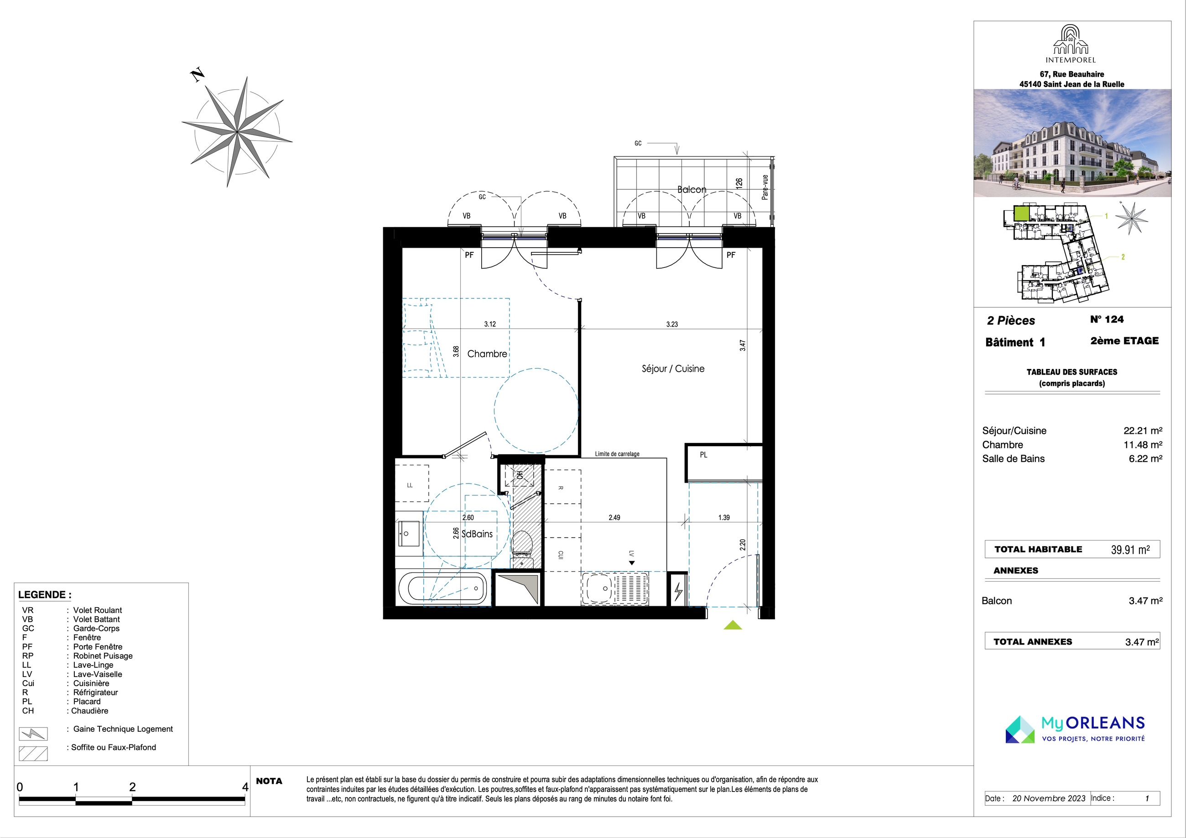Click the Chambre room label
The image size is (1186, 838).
(487, 354)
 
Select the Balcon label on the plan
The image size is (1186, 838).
(692, 190)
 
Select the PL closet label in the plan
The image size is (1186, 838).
(703, 455)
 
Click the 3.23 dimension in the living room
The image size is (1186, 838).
(672, 324)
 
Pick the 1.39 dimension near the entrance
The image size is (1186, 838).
(724, 517)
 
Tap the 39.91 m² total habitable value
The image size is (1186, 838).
(1130, 549)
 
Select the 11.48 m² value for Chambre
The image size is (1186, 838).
(1143, 444)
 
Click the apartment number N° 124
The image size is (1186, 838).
(1107, 319)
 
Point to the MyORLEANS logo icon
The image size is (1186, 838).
(1020, 729)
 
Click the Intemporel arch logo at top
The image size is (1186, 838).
(1071, 40)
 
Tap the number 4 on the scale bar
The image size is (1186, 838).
(245, 787)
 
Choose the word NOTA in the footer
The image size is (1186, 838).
(269, 781)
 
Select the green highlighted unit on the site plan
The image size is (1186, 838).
(1021, 213)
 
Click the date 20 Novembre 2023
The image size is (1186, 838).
(1049, 798)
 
